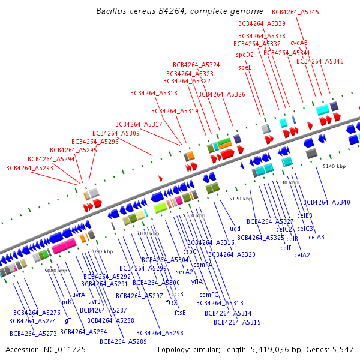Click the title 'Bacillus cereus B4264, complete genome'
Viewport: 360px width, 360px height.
coord(179,11)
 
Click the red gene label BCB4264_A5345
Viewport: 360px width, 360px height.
coord(296,12)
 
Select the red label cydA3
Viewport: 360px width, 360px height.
coord(299,43)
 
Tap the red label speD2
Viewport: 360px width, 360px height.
coord(245,55)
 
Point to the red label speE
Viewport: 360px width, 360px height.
coord(245,67)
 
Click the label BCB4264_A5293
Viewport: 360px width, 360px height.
coord(29,168)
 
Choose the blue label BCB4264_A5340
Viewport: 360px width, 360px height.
coord(326,202)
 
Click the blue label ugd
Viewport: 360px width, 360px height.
coord(235,228)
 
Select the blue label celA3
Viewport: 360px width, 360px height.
coord(316,237)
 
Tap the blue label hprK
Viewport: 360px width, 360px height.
coord(65,302)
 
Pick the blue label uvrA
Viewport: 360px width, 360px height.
coord(79,295)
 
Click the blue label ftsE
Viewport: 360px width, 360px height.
coord(180,312)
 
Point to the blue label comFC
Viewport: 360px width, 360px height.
coord(209,295)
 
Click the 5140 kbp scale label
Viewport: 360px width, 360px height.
coord(334,166)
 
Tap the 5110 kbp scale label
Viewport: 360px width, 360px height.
coord(194,215)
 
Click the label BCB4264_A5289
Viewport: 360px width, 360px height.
coord(123,341)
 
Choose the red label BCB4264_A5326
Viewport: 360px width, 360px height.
coord(221,94)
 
